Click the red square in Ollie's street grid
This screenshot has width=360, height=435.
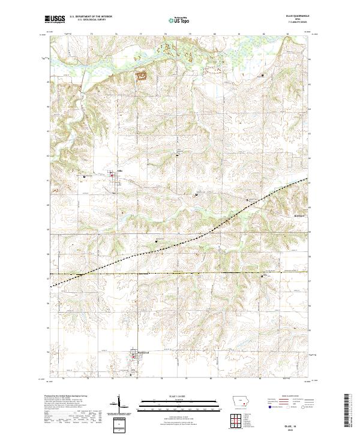point(114,175)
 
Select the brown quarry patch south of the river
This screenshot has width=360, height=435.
point(142,75)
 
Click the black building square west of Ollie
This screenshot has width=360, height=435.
point(84,176)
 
